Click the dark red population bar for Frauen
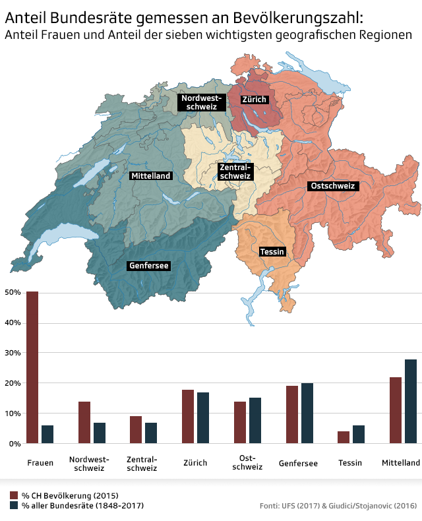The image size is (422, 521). (x=32, y=367)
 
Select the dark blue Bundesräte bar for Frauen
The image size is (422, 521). (x=47, y=435)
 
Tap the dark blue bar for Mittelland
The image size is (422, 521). (x=411, y=402)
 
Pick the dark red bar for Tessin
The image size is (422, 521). (x=344, y=437)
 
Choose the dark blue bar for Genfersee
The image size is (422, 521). (x=307, y=414)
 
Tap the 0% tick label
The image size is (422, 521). (x=13, y=444)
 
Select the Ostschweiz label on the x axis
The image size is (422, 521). (x=248, y=462)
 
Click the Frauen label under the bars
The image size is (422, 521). (x=40, y=463)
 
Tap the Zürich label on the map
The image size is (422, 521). (x=254, y=100)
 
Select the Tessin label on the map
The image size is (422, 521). (x=272, y=252)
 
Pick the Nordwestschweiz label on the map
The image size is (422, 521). (x=202, y=102)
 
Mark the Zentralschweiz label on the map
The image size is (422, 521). (x=235, y=172)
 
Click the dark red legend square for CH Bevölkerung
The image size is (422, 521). (x=14, y=495)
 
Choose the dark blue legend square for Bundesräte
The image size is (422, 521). (x=14, y=505)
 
